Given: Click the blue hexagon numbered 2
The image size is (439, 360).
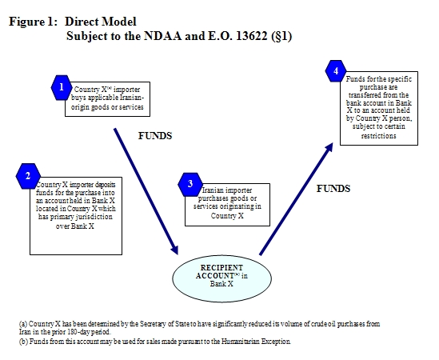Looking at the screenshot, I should coord(28,176).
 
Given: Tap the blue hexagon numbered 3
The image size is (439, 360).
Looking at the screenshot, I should coord(190,185).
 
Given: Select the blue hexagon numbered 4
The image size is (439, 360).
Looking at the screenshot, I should coord(337,73).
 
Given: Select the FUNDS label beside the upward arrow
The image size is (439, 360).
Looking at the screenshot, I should coord(334,189).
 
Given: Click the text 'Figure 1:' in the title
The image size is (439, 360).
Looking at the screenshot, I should coord(33,21).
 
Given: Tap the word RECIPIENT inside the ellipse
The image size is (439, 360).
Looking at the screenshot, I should coord(223,266).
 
